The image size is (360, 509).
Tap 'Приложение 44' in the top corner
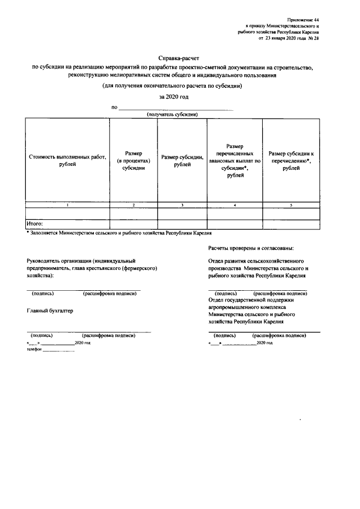[x=301, y=19]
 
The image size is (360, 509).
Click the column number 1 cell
[x=67, y=205]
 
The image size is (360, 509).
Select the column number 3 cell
[x=182, y=205]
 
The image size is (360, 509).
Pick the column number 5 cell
[x=291, y=205]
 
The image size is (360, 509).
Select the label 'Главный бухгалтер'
[x=50, y=310]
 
